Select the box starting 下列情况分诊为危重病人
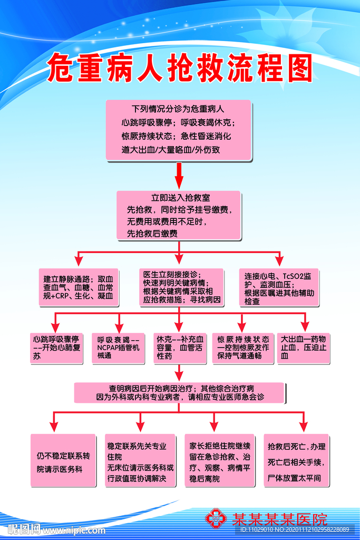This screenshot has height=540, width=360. (179, 130)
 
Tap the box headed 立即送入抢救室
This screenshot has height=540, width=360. (179, 215)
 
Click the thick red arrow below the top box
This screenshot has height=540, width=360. (179, 176)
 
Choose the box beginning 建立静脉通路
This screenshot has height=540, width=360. (79, 287)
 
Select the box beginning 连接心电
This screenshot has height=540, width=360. (280, 288)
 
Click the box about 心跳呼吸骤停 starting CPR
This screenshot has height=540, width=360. (56, 348)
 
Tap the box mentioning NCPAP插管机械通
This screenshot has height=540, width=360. (118, 348)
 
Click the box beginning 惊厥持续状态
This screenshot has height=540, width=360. (243, 348)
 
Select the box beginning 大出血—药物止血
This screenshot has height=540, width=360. (304, 348)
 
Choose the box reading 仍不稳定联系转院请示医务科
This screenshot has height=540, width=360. (63, 460)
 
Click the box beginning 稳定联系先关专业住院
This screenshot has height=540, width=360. (140, 460)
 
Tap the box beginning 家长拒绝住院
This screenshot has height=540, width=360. (220, 460)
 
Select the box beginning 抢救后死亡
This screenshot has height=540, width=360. (296, 460)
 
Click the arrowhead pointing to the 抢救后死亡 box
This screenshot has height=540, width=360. (304, 428)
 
